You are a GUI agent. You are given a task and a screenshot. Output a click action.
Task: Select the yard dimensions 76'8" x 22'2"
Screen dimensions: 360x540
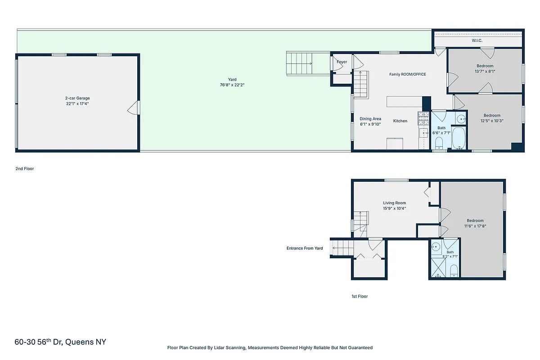pyautogui.click(x=232, y=85)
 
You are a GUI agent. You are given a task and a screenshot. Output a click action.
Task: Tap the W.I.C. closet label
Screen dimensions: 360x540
pyautogui.click(x=477, y=40)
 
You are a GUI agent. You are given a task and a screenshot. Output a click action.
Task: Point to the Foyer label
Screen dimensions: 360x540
pyautogui.click(x=342, y=62)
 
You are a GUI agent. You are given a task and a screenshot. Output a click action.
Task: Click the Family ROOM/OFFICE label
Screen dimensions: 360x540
pyautogui.click(x=407, y=74)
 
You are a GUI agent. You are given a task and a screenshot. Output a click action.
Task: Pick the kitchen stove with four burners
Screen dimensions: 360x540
pyautogui.click(x=423, y=117)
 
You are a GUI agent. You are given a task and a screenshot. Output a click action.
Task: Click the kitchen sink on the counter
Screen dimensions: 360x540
pyautogui.click(x=423, y=133)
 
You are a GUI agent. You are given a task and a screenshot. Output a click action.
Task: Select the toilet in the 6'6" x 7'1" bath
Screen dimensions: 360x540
pyautogui.click(x=439, y=143)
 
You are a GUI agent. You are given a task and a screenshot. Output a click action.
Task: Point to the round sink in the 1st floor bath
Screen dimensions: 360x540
pyautogui.click(x=436, y=247)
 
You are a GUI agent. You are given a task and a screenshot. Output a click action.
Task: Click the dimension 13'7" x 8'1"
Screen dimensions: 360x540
pyautogui.click(x=485, y=71)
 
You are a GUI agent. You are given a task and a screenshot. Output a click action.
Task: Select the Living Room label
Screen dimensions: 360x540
pyautogui.click(x=394, y=203)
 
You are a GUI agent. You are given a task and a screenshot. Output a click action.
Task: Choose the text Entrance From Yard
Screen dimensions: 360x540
pyautogui.click(x=305, y=248)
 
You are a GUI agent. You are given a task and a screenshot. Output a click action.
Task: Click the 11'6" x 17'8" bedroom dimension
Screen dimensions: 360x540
pyautogui.click(x=475, y=226)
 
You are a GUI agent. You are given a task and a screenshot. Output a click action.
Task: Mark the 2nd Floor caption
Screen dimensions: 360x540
pyautogui.click(x=24, y=169)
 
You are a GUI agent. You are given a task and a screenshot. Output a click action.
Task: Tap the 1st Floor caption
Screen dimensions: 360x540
pyautogui.click(x=360, y=297)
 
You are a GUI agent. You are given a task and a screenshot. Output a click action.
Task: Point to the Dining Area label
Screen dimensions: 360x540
pyautogui.click(x=370, y=119)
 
